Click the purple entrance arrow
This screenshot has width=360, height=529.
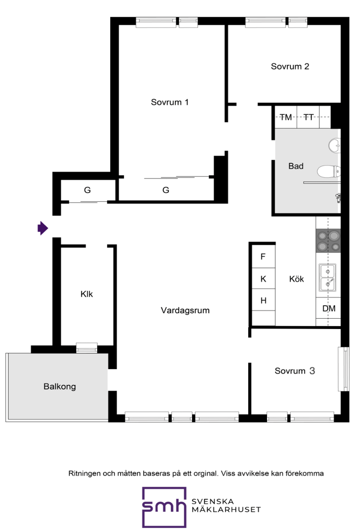tap(43, 229)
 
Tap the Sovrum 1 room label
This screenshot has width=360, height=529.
tap(170, 102)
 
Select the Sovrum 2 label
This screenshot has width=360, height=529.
tap(290, 66)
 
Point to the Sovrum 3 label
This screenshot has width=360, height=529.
tap(295, 371)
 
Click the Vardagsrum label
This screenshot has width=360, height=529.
tap(185, 310)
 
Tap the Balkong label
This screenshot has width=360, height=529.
tap(60, 386)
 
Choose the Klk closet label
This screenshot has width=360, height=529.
tap(86, 294)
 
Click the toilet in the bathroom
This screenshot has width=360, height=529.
tap(329, 172)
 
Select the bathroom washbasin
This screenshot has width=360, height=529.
tap(334, 146)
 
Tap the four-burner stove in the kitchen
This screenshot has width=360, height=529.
tap(328, 241)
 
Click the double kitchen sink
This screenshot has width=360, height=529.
tap(327, 277)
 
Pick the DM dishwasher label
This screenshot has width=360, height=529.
tap(329, 308)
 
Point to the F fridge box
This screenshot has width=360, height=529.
tap(264, 257)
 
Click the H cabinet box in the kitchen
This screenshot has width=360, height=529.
tap(264, 300)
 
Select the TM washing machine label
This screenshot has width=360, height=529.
tap(286, 117)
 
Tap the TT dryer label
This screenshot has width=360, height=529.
tap(309, 117)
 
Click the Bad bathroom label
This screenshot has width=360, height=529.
tap(296, 166)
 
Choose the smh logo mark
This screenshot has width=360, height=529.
tap(164, 507)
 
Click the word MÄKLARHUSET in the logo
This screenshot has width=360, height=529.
tap(226, 509)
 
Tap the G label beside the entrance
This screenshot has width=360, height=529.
tap(87, 190)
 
